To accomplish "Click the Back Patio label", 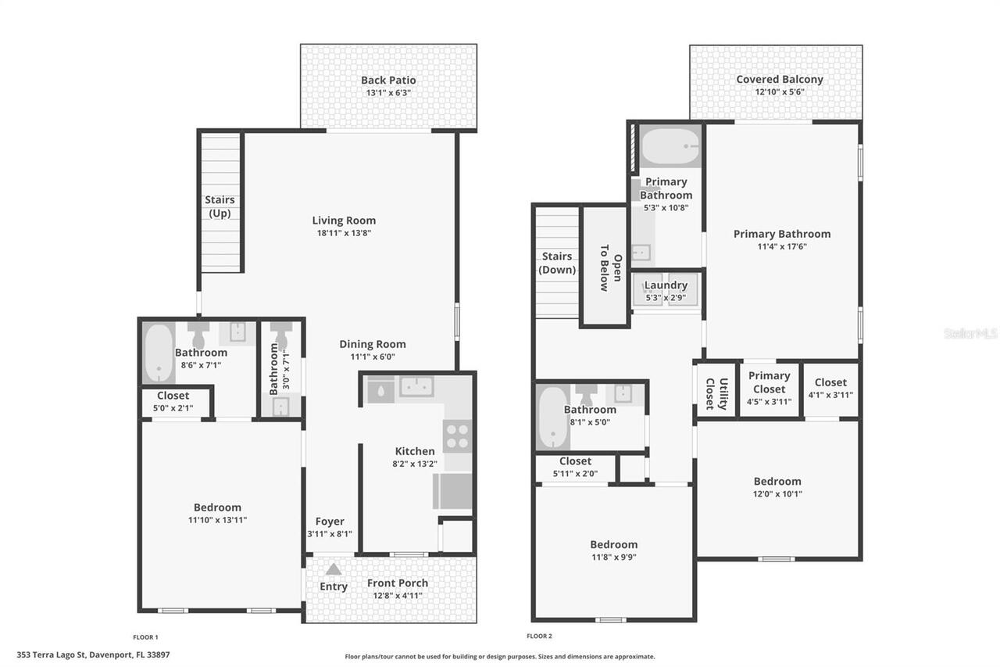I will point(388,80).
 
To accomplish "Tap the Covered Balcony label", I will point(779,79).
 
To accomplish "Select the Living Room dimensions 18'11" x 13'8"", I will point(344,233).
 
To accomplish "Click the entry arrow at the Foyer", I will point(334,569).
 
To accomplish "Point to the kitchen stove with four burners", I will point(457,436).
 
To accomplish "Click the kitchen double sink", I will point(416,386).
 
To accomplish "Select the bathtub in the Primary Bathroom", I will point(670,145).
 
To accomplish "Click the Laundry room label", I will point(666,285).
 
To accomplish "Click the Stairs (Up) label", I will point(220,206).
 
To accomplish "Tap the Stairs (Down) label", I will point(558,263).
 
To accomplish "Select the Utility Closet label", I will point(716,393).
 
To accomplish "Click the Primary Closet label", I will point(769,382).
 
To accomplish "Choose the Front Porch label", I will point(398,583).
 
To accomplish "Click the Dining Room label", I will point(372,344).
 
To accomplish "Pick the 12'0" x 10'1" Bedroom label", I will point(777,481).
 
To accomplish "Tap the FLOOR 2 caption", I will point(539,637).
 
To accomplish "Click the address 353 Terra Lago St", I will point(93,655).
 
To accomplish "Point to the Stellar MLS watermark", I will point(970,333).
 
